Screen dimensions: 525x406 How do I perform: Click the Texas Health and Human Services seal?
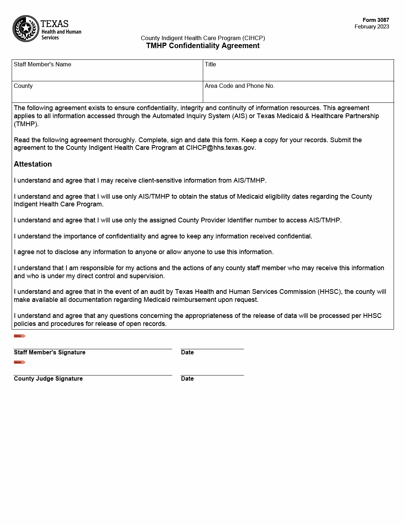point(26,28)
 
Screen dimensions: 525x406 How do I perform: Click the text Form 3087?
point(376,20)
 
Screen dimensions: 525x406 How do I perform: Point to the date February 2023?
point(372,27)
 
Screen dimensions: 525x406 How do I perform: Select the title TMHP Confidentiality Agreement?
point(203,46)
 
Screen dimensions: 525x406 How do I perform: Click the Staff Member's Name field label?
point(42,65)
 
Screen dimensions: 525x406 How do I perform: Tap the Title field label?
point(210,65)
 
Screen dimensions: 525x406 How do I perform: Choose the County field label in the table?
point(23,86)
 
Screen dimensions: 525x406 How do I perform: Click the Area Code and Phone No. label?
point(239,86)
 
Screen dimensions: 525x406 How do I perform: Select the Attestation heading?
point(33,164)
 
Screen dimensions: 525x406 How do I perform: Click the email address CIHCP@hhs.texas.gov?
point(220,148)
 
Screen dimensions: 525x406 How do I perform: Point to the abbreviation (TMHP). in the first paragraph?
point(26,124)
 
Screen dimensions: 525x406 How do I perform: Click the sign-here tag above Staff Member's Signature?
point(20,336)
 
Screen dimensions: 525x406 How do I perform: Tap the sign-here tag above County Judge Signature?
point(20,362)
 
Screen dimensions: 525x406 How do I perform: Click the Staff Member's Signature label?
point(50,353)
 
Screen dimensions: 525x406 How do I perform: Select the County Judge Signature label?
point(48,379)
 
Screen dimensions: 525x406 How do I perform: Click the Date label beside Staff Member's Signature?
point(187,353)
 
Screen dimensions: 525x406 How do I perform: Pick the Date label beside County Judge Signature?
point(187,379)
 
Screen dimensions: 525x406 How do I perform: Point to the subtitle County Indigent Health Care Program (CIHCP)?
point(203,38)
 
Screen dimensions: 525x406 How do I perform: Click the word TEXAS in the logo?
point(55,24)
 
